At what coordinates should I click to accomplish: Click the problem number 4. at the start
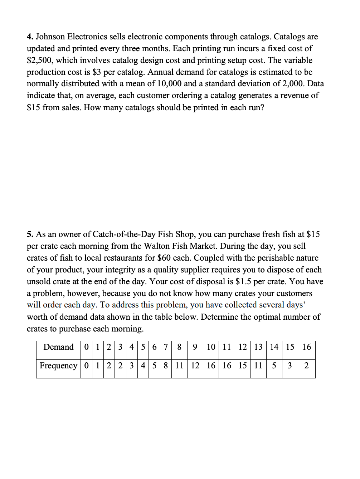(30, 37)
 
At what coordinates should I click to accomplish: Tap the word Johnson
(50, 37)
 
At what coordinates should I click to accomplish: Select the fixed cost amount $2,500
(40, 61)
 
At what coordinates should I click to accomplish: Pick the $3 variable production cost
(97, 72)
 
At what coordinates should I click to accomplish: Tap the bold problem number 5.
(30, 234)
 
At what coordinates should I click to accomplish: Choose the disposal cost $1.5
(243, 282)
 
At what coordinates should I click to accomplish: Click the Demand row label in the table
(58, 347)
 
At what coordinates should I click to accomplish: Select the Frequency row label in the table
(58, 366)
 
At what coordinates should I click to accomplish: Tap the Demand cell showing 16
(307, 347)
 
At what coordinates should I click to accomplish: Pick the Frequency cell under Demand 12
(243, 366)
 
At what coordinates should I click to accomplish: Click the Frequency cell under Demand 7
(166, 366)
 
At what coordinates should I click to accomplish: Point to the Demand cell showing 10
(211, 347)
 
